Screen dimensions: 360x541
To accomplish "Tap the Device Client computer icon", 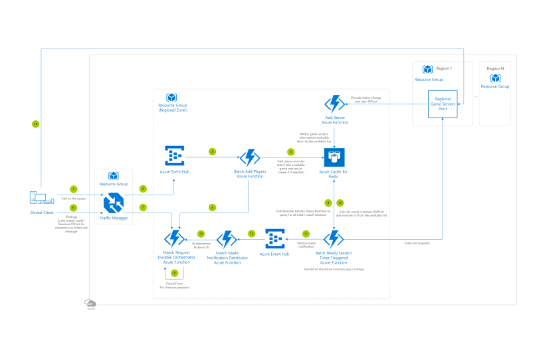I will (37, 198).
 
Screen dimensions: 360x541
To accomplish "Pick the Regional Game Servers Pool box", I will (443, 105).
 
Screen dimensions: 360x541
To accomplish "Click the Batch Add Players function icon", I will (249, 157).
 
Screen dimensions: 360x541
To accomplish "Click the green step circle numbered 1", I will (74, 189).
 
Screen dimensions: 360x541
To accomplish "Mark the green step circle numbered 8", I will (175, 273).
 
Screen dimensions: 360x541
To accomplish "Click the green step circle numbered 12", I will (251, 233).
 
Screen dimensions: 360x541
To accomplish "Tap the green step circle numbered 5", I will (290, 152).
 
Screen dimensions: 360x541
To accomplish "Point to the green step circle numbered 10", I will (340, 203).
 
